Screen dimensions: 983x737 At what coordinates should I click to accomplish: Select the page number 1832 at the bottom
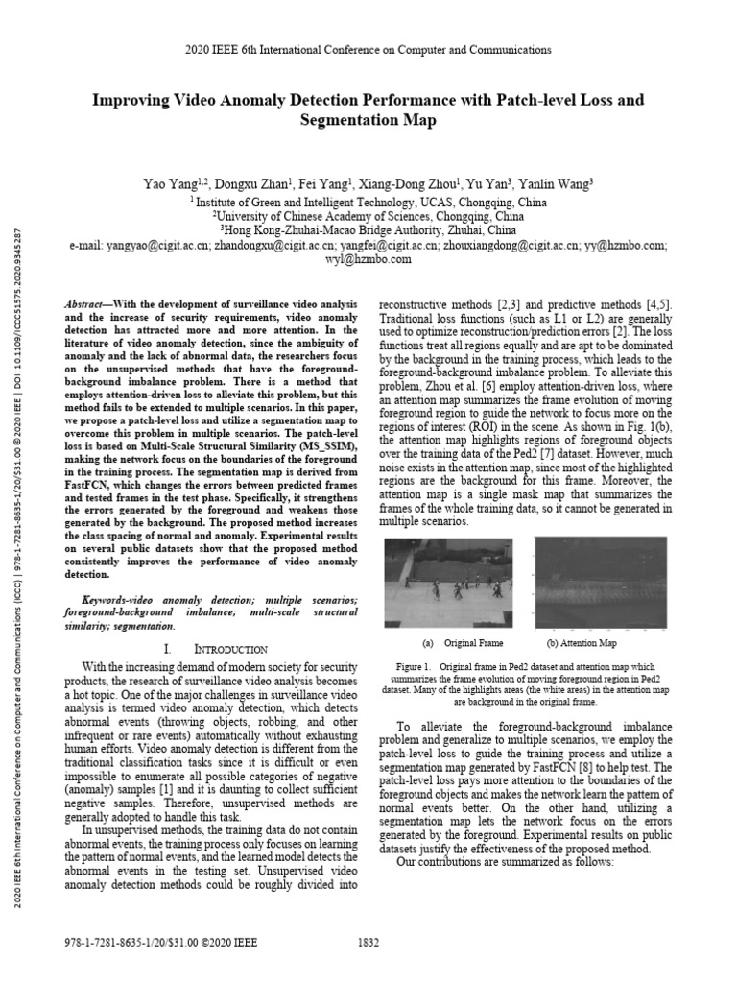pyautogui.click(x=368, y=943)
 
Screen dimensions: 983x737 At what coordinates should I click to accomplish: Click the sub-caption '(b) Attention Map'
pyautogui.click(x=582, y=643)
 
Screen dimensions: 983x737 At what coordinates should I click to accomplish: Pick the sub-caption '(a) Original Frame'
pyautogui.click(x=463, y=643)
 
